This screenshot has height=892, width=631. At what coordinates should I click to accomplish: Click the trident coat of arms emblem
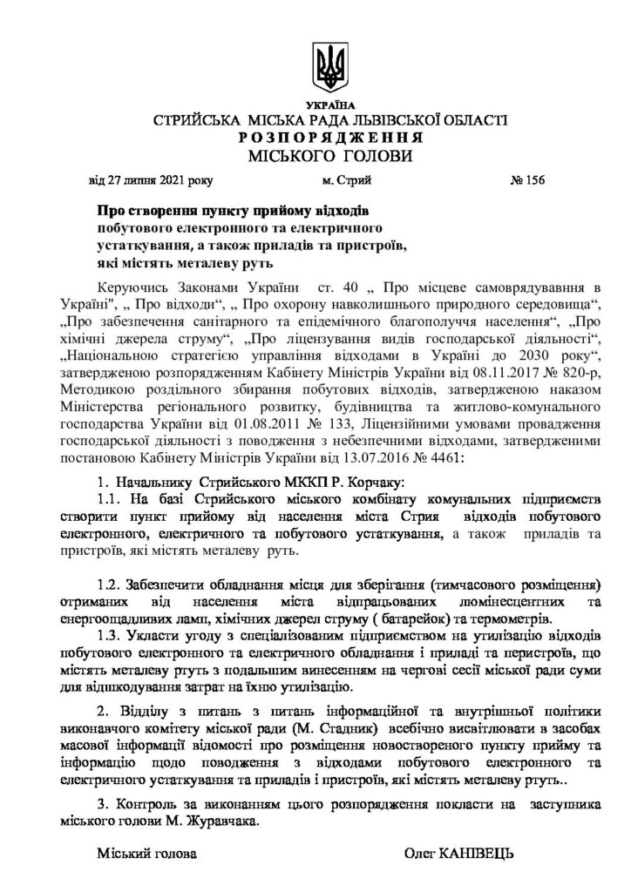coord(329,64)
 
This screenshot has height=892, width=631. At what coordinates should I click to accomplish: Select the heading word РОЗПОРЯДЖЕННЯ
coord(329,139)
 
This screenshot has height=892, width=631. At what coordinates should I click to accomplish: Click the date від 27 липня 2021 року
coord(150,181)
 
